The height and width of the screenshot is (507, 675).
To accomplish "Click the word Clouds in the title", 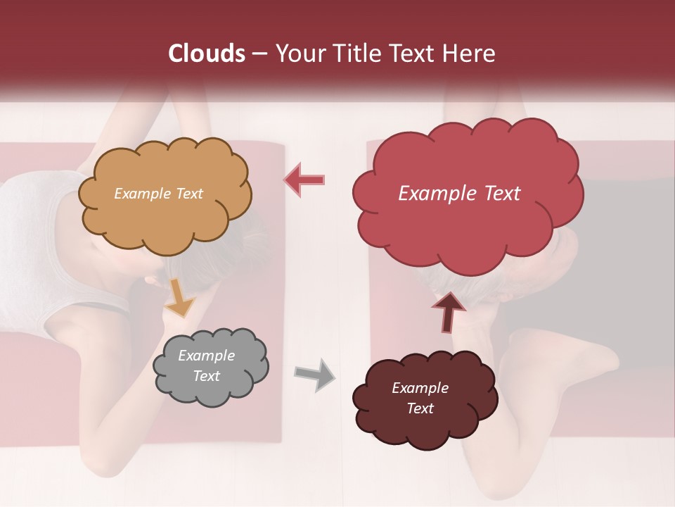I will tap(206, 54).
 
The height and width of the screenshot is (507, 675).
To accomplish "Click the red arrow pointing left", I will tap(304, 180).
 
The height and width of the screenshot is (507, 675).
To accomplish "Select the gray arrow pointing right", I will tap(314, 374).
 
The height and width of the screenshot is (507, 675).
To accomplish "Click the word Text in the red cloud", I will tap(497, 194).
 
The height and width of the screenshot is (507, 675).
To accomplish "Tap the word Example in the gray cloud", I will tap(206, 356).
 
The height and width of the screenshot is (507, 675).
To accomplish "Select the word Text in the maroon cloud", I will tap(420, 408).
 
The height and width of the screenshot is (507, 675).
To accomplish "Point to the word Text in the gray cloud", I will tap(206, 376).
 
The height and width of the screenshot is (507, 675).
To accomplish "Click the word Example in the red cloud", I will tap(433, 194).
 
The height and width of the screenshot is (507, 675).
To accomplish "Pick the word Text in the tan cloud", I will tap(188, 194).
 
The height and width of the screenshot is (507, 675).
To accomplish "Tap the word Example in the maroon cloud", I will tap(420, 388).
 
